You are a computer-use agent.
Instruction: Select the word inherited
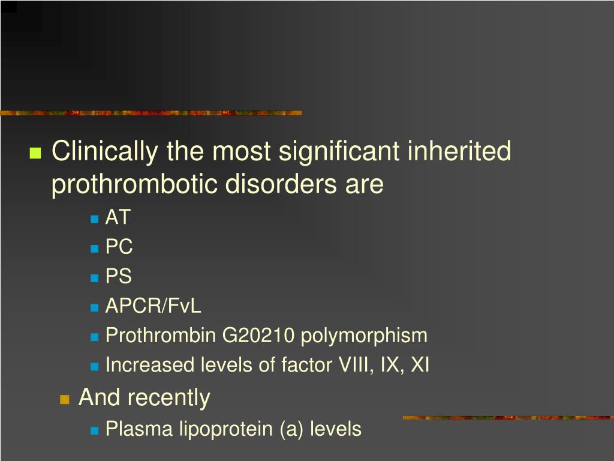tap(459, 151)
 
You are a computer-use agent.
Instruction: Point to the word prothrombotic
tap(135, 184)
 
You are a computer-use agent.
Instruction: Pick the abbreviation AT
tap(117, 217)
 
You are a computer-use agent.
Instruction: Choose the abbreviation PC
tap(119, 247)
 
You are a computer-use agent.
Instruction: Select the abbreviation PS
tap(118, 276)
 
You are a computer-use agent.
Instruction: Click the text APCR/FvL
tap(153, 306)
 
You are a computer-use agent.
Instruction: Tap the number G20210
tap(258, 336)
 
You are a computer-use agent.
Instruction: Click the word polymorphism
tap(364, 336)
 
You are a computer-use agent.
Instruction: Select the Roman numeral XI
tap(419, 365)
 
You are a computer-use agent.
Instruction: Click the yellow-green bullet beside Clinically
tap(35, 152)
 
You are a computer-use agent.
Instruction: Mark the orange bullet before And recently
tap(65, 399)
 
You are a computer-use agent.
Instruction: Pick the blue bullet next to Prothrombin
tap(95, 337)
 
